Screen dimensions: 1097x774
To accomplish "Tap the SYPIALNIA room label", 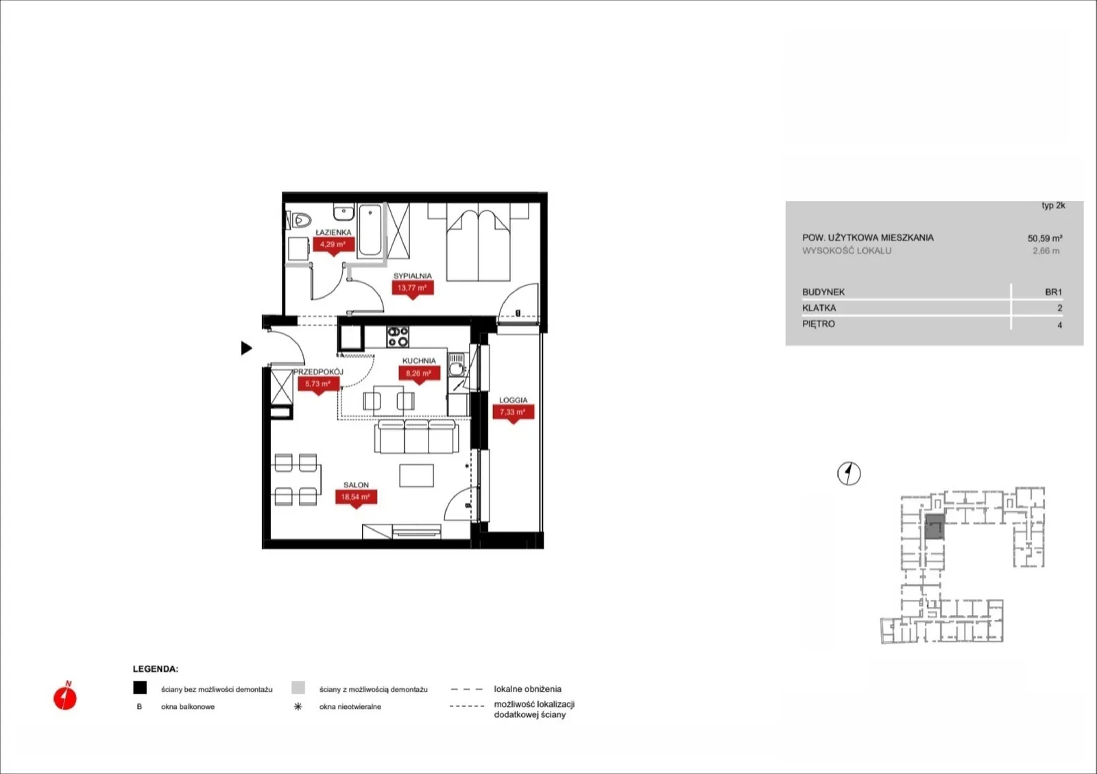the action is (412, 276).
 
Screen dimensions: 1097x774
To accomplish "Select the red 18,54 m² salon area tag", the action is (356, 498).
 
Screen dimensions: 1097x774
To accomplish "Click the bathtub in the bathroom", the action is (371, 230).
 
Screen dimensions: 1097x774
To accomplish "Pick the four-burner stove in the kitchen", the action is (398, 337).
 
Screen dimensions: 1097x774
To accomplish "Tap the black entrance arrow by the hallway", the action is (246, 348).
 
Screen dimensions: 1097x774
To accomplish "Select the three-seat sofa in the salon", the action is (417, 436).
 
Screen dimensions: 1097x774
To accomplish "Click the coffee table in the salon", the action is (416, 475).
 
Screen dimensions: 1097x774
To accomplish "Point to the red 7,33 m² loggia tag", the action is (513, 413).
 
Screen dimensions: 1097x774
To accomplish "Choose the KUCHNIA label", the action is (419, 361).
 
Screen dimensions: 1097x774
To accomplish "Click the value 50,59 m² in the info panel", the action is (1045, 239).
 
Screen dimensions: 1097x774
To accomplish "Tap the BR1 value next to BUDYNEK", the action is (1053, 292).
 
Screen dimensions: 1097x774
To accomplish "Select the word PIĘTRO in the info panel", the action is (819, 324).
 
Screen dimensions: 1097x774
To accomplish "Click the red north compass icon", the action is (65, 697).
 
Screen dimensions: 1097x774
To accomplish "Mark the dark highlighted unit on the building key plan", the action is (935, 527).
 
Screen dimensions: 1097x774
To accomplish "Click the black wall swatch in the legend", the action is (140, 688).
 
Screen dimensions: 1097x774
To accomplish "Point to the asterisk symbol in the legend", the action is (298, 706).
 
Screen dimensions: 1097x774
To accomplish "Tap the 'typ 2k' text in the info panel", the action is (1053, 206).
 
